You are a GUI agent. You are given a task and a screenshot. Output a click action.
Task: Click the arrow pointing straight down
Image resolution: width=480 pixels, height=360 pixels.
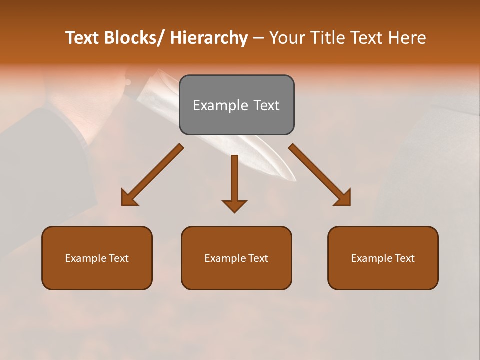coord(234,182)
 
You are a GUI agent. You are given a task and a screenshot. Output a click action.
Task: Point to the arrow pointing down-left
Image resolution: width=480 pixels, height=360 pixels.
coord(152,175)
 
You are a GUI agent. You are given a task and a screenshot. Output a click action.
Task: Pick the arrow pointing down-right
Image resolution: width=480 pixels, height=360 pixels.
coord(320,175)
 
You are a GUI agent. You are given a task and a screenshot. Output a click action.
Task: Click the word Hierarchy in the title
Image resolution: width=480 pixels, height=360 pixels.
coord(208,38)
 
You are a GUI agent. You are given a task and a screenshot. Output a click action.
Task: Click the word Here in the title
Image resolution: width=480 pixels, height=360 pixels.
coord(407,38)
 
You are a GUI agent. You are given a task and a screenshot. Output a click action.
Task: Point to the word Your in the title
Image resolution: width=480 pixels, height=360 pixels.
coord(288,38)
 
